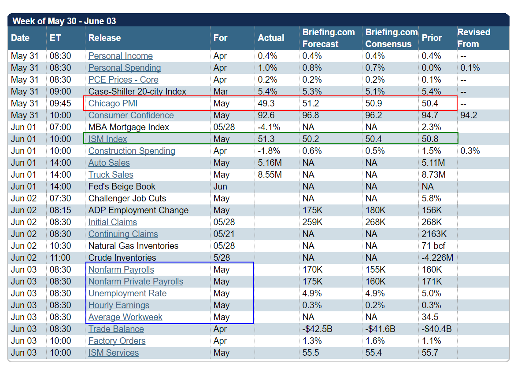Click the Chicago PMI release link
click(113, 103)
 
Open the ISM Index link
click(107, 139)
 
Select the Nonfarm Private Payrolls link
click(136, 281)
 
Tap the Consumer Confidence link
click(131, 115)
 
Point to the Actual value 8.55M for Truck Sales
click(270, 175)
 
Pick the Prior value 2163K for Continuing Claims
click(434, 234)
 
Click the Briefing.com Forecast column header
click(329, 38)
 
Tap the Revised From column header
click(473, 38)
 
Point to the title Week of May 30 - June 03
click(64, 21)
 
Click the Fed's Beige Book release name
click(122, 186)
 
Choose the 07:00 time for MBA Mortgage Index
click(60, 127)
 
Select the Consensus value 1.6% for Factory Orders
click(375, 341)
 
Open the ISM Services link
click(113, 353)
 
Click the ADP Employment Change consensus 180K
click(375, 210)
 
